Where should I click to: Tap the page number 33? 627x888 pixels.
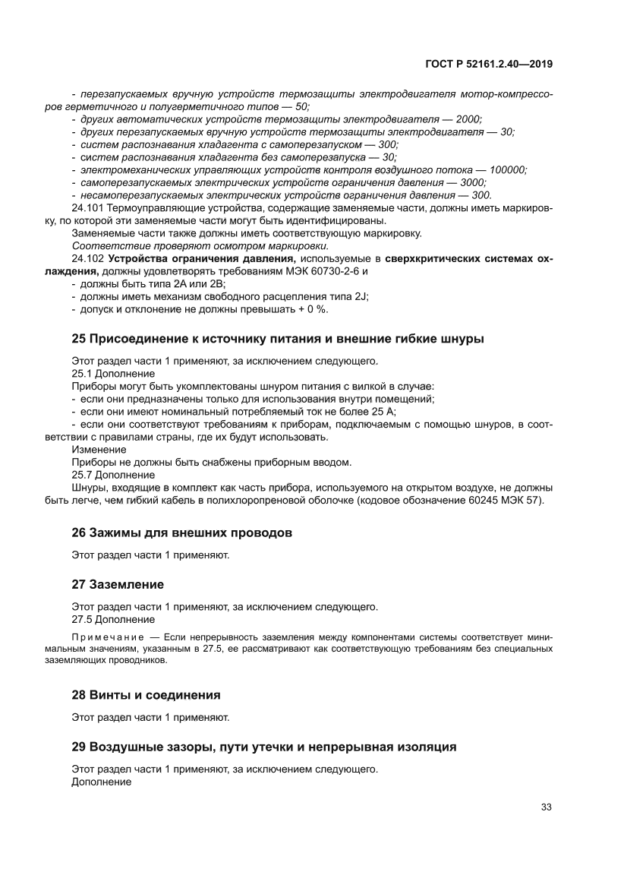tap(545, 807)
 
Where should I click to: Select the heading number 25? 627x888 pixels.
tap(79, 339)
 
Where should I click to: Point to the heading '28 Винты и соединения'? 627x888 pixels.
tap(146, 694)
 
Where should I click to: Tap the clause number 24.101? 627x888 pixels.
tap(88, 208)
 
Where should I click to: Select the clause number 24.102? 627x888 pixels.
tap(88, 259)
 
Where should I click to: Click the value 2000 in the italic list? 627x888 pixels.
tap(467, 119)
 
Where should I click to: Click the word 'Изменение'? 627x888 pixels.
tap(99, 450)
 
